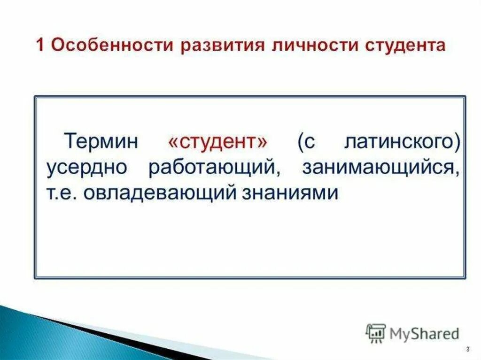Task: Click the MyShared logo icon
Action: coord(375,333)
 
